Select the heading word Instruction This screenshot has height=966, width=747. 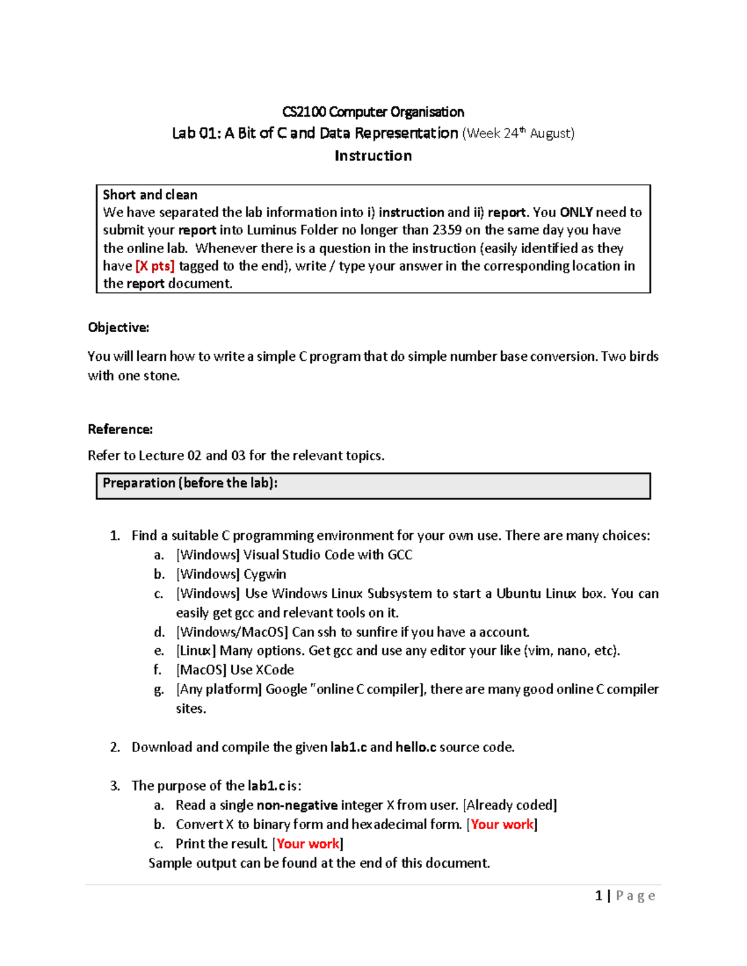pyautogui.click(x=373, y=156)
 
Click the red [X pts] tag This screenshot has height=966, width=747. pyautogui.click(x=155, y=266)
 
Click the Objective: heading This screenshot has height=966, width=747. pyautogui.click(x=118, y=328)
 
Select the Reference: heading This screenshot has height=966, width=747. pyautogui.click(x=120, y=430)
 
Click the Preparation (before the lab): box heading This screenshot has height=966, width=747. pyautogui.click(x=190, y=483)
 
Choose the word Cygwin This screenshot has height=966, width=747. pyautogui.click(x=265, y=574)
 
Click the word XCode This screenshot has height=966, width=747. pyautogui.click(x=275, y=670)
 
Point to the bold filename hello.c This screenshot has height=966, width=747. pyautogui.click(x=415, y=747)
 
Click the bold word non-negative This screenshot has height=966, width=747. pyautogui.click(x=297, y=806)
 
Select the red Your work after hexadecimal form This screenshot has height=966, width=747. pyautogui.click(x=502, y=825)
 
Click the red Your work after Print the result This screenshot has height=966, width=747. pyautogui.click(x=308, y=844)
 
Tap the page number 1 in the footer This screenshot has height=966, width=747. pyautogui.click(x=598, y=896)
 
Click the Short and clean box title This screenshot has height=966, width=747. pyautogui.click(x=150, y=195)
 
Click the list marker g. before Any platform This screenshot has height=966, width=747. pyautogui.click(x=159, y=689)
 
